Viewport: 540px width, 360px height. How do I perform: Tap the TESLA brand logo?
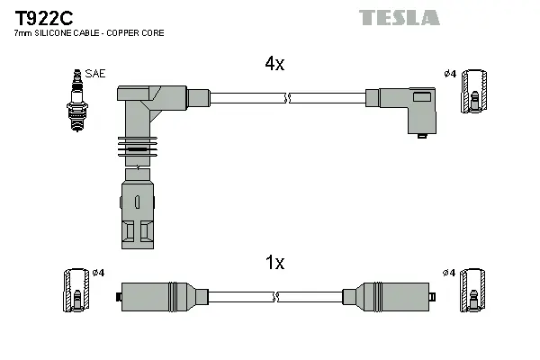point(400,17)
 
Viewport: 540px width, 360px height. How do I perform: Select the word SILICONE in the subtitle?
point(58,33)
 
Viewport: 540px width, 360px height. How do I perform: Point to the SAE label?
point(94,73)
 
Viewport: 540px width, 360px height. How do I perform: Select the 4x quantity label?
point(274,64)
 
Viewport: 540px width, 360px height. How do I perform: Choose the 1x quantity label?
point(274,263)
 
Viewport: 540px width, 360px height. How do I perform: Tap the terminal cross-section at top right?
point(473,92)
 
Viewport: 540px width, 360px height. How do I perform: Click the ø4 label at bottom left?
point(99,273)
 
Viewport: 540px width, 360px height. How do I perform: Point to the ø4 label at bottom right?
point(448,273)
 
